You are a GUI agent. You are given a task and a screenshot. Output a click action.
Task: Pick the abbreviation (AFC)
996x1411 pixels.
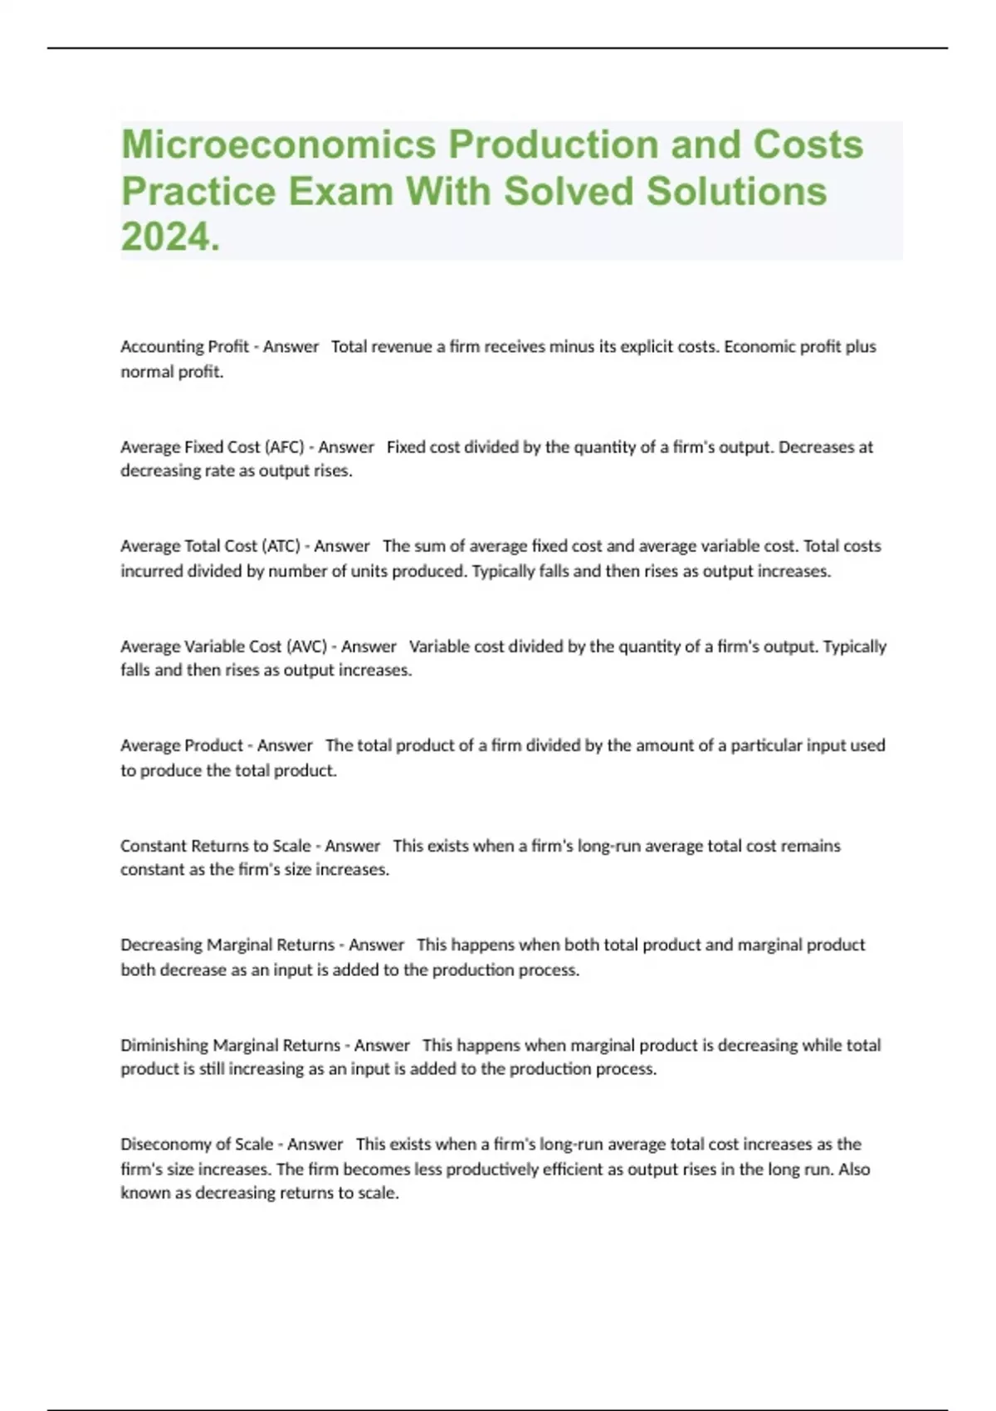[284, 447]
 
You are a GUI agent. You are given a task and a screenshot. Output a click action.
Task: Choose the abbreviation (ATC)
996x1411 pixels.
[281, 546]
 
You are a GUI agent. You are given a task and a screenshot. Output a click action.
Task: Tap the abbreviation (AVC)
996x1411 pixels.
[306, 647]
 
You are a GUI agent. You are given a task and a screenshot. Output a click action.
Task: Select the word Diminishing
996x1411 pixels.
[164, 1045]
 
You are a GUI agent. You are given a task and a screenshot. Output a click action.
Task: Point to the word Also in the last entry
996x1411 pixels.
[854, 1169]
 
